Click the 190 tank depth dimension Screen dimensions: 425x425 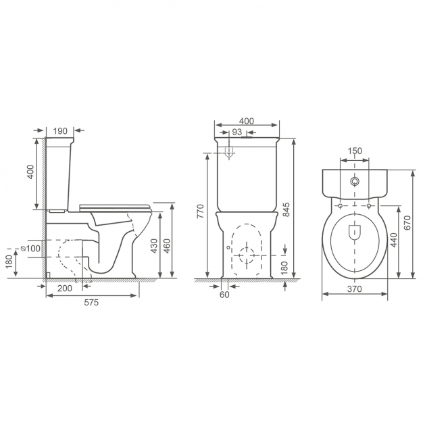pos(59,130)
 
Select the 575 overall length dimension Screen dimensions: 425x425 pos(91,303)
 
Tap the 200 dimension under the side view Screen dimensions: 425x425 pos(66,288)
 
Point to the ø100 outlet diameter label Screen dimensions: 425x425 pos(31,249)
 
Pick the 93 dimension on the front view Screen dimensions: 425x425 pos(236,132)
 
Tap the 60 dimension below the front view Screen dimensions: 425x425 pos(224,294)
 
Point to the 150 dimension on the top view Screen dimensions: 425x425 pos(355,151)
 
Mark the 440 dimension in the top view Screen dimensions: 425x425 pos(394,241)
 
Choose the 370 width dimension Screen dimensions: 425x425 pos(355,289)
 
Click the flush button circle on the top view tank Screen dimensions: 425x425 pos(355,182)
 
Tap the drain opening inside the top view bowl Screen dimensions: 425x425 pos(355,232)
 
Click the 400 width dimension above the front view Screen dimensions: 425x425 pos(247,120)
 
